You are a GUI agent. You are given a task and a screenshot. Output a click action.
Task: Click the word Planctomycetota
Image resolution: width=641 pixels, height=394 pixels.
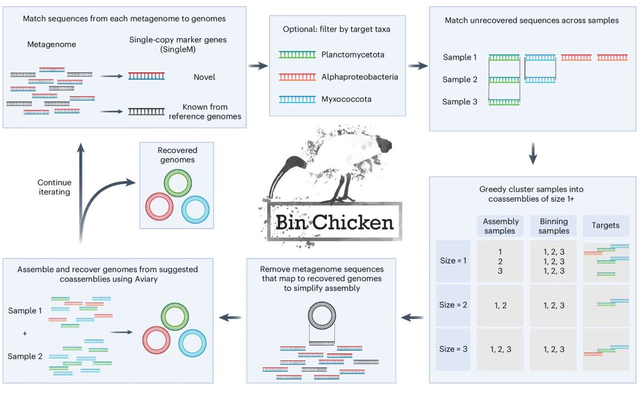[x=353, y=54]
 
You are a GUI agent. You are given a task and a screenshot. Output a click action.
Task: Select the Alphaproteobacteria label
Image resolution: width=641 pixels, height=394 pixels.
[x=359, y=77]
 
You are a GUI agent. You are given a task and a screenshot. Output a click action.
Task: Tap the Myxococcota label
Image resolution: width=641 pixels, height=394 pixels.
[x=346, y=99]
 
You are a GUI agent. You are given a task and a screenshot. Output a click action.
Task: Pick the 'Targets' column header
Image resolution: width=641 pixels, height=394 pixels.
[x=605, y=225]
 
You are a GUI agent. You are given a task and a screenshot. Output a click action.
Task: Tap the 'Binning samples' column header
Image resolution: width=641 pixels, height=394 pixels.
[x=554, y=226]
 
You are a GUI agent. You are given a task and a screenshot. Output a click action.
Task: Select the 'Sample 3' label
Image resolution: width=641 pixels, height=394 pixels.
[x=460, y=102]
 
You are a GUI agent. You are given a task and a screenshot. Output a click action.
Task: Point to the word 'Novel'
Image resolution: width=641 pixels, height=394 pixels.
[x=205, y=77]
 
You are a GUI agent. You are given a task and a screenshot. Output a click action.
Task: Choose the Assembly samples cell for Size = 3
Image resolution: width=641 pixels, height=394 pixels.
[x=501, y=349]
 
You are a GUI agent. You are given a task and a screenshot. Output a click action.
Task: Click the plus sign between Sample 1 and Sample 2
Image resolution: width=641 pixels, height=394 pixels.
[x=25, y=333]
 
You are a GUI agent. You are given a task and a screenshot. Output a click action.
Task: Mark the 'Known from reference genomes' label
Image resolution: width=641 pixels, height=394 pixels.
[x=205, y=111]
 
